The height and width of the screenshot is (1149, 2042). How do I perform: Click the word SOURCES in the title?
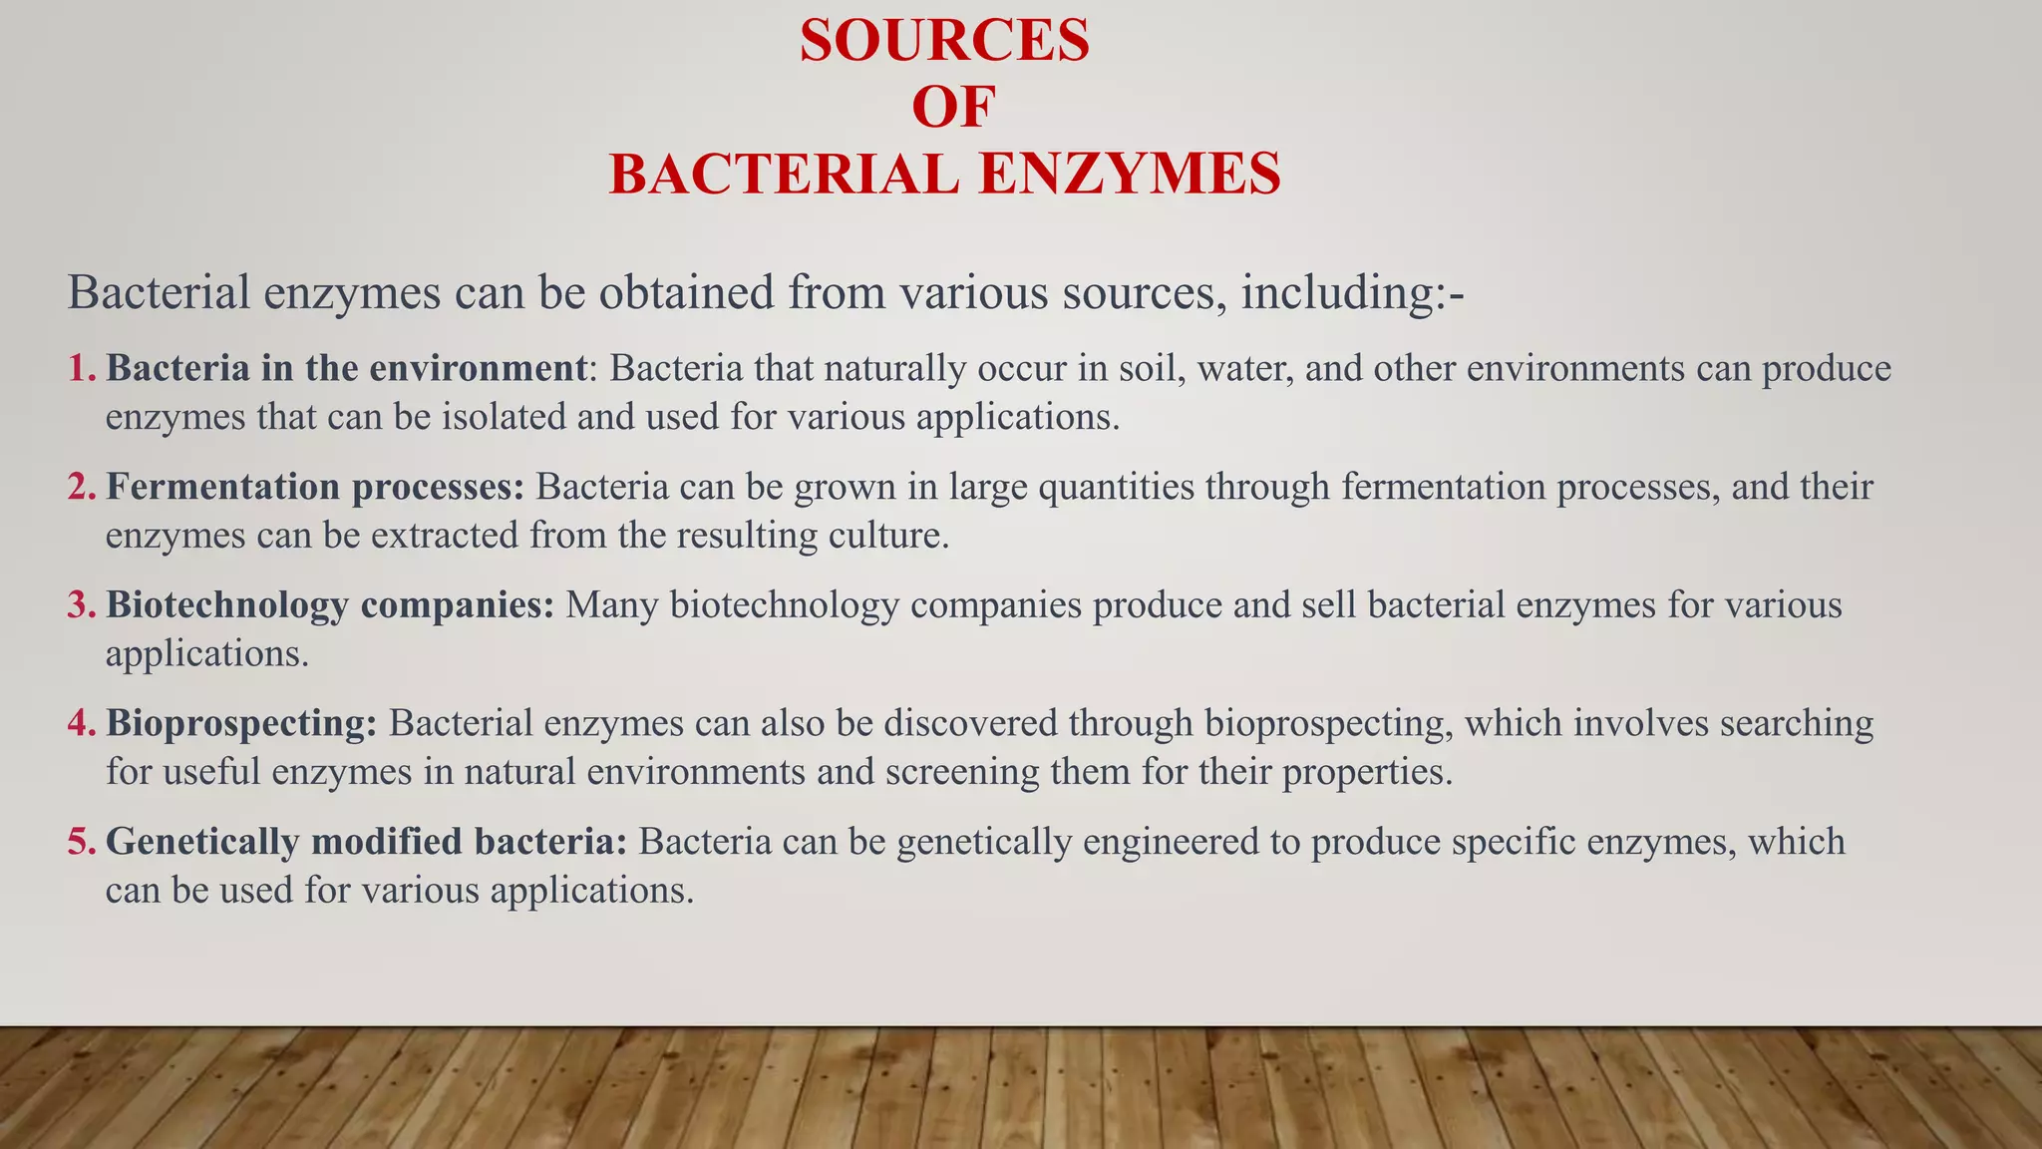(944, 42)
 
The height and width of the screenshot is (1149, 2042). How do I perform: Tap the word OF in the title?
(953, 108)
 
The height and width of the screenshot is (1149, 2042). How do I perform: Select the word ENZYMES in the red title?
(1130, 174)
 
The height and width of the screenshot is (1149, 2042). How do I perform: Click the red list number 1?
(80, 368)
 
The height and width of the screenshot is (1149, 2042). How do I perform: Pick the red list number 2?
(80, 487)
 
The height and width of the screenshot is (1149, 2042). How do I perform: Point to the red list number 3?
(80, 605)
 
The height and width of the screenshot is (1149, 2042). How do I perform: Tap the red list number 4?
(80, 723)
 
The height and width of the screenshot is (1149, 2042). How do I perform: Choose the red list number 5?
(80, 842)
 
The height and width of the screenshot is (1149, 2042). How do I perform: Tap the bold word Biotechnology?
(227, 605)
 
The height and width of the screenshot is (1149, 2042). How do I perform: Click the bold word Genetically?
(203, 842)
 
